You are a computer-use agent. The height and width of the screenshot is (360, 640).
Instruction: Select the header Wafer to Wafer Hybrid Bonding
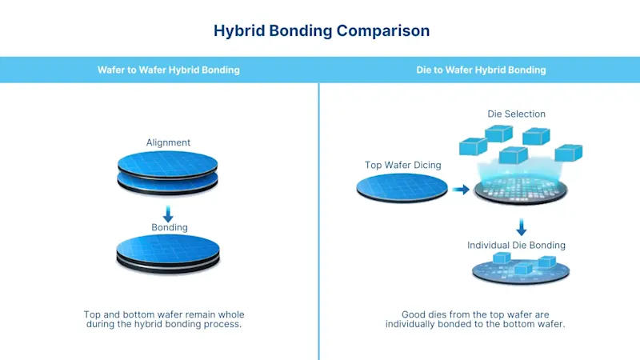tap(168, 70)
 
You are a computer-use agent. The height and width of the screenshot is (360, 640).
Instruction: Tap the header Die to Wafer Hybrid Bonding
tap(481, 70)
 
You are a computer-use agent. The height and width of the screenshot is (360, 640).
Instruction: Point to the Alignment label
tap(168, 142)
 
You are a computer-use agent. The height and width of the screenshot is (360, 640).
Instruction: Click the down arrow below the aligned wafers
tap(168, 214)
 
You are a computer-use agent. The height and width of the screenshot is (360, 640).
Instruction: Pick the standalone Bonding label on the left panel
tap(170, 228)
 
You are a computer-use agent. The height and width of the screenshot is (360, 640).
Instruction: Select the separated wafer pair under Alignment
tap(168, 172)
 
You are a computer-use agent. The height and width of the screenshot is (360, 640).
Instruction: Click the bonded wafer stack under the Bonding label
tap(168, 254)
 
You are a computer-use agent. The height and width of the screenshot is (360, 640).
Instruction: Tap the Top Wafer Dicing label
tap(402, 165)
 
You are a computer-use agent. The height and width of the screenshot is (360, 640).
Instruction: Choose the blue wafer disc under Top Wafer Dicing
tap(402, 188)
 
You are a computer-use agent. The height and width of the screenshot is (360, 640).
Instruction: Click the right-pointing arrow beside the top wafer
tap(460, 190)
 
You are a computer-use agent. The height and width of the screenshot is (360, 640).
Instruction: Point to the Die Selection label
tap(516, 114)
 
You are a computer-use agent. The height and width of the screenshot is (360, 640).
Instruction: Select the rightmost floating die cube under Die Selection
tap(568, 152)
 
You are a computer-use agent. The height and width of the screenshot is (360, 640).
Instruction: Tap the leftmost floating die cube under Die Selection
tap(473, 146)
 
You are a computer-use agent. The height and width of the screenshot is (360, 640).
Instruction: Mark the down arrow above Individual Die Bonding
tap(521, 226)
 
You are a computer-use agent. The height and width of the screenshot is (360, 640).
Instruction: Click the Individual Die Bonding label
tap(516, 246)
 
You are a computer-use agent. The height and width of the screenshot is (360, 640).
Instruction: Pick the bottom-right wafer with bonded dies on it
tap(521, 270)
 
